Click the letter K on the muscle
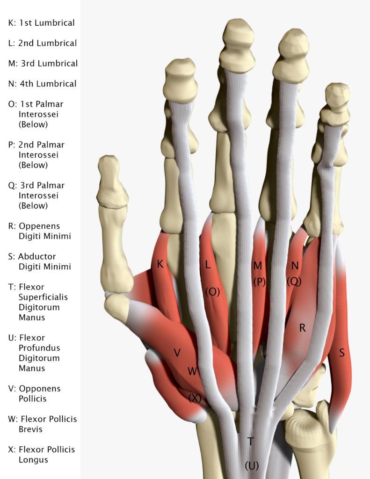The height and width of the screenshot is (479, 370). click(160, 265)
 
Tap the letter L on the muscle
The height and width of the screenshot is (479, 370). click(208, 265)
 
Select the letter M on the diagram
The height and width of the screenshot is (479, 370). click(257, 266)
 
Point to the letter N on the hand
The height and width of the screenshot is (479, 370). click(295, 266)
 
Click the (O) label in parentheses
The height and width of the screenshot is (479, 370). click(212, 291)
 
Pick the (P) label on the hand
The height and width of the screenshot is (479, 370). click(259, 282)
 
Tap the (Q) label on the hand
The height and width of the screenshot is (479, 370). click(295, 281)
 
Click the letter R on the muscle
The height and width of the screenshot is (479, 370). click(302, 328)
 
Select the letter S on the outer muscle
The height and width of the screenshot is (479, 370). click(341, 353)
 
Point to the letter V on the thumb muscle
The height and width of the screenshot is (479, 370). click(177, 353)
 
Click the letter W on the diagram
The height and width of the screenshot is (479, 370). click(192, 371)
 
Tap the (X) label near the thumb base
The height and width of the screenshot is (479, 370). click(195, 398)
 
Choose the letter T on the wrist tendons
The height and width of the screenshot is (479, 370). click(251, 441)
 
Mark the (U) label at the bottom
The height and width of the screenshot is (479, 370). click(252, 465)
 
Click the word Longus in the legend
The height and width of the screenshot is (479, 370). click(34, 460)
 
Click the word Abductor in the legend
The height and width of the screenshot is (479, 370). click(37, 256)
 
